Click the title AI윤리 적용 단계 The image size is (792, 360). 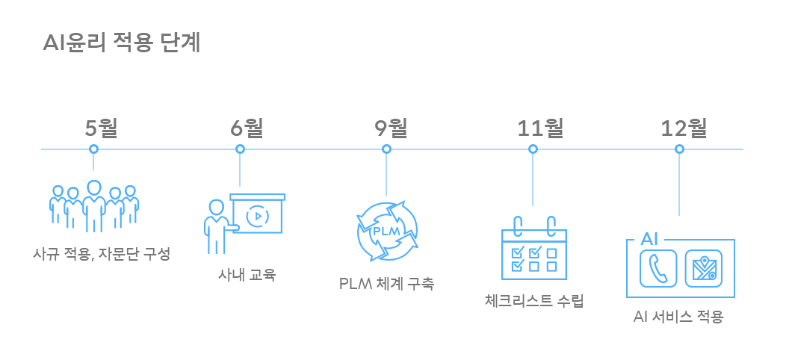122,43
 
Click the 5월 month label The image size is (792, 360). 101,128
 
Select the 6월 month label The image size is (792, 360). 247,128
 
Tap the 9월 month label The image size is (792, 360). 392,128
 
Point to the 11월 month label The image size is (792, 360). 541,128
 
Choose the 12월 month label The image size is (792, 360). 684,128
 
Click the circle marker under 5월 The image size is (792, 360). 93,149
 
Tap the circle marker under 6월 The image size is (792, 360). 240,149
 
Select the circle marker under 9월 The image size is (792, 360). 386,149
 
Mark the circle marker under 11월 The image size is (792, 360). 533,149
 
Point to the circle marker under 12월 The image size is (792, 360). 679,149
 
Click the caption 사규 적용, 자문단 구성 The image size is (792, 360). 102,254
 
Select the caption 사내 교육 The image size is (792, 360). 247,274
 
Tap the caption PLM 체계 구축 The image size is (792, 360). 387,283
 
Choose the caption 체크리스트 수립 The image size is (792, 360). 533,300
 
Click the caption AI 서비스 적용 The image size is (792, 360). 678,316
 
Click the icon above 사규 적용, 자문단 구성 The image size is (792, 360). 93,205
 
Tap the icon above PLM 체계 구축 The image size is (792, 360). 387,231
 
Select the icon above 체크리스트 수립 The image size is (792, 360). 533,247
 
